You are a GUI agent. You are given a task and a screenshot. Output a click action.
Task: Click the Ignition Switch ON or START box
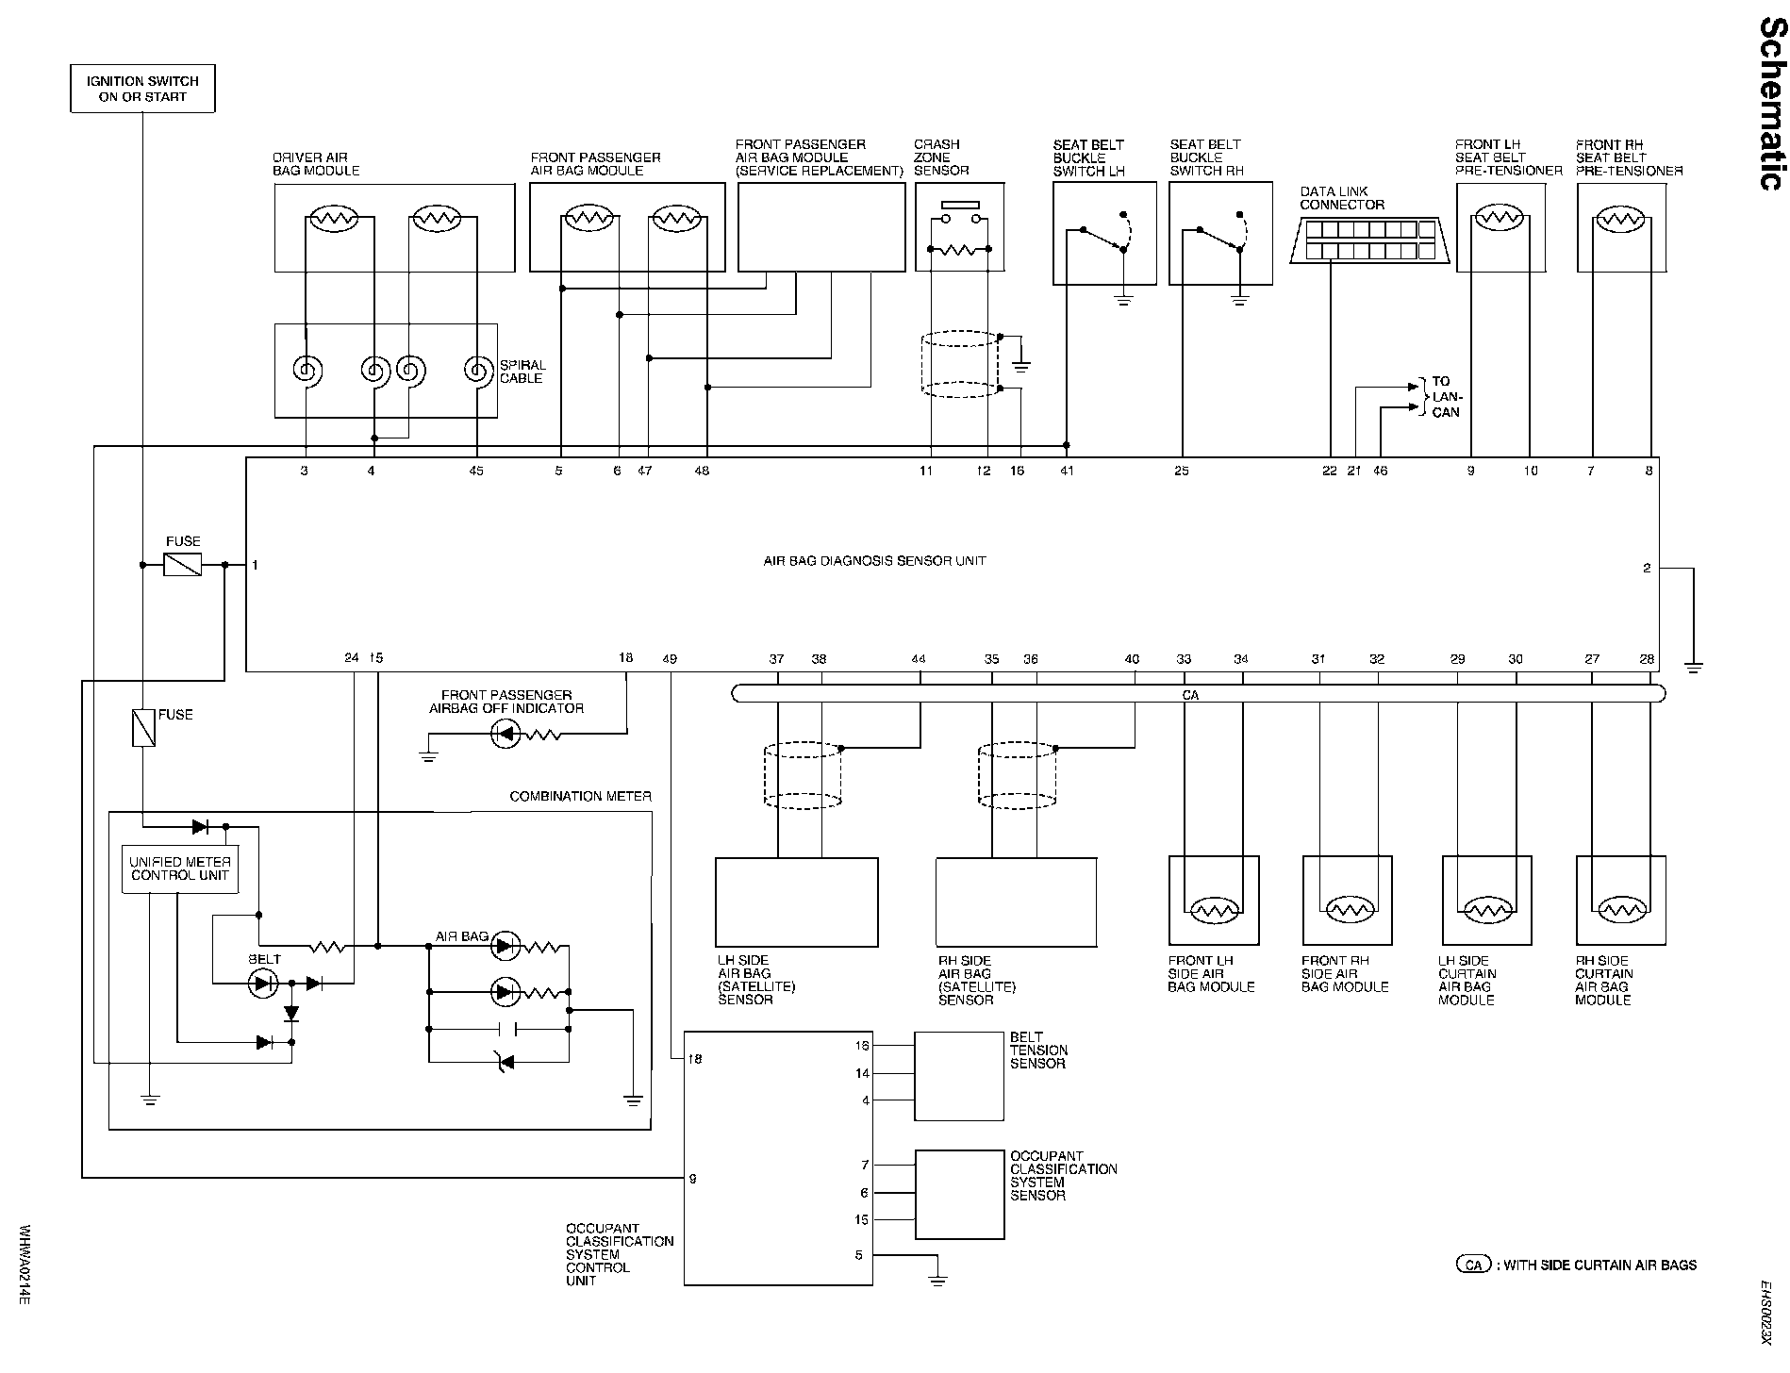[x=142, y=89]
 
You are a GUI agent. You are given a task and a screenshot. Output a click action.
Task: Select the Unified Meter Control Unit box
[x=179, y=868]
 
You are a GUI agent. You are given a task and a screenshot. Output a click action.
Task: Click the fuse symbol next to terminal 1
[x=183, y=565]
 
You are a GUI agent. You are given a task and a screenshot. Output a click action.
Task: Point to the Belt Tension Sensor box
[x=958, y=1076]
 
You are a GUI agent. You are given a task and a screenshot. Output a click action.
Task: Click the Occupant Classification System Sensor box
[x=959, y=1194]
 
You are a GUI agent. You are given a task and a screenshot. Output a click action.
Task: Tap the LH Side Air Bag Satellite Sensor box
[x=796, y=902]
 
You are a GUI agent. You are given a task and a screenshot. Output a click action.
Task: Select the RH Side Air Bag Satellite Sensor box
[x=1016, y=902]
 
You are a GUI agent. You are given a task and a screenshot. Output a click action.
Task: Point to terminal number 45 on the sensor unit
[x=476, y=471]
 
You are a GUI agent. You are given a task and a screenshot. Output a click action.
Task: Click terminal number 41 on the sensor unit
[x=1067, y=471]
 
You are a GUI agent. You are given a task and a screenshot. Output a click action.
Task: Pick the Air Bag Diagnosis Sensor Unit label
[x=874, y=561]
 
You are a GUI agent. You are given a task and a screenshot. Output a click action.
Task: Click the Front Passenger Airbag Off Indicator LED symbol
[x=506, y=735]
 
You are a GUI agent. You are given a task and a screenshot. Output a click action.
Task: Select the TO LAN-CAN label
[x=1445, y=397]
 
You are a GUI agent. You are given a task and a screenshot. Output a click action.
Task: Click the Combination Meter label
[x=580, y=797]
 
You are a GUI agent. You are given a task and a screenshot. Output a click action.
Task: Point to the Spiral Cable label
[x=522, y=372]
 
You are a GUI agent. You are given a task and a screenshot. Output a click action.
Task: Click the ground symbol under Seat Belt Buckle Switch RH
[x=1240, y=300]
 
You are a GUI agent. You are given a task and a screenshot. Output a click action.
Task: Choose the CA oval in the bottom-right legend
[x=1473, y=1265]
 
